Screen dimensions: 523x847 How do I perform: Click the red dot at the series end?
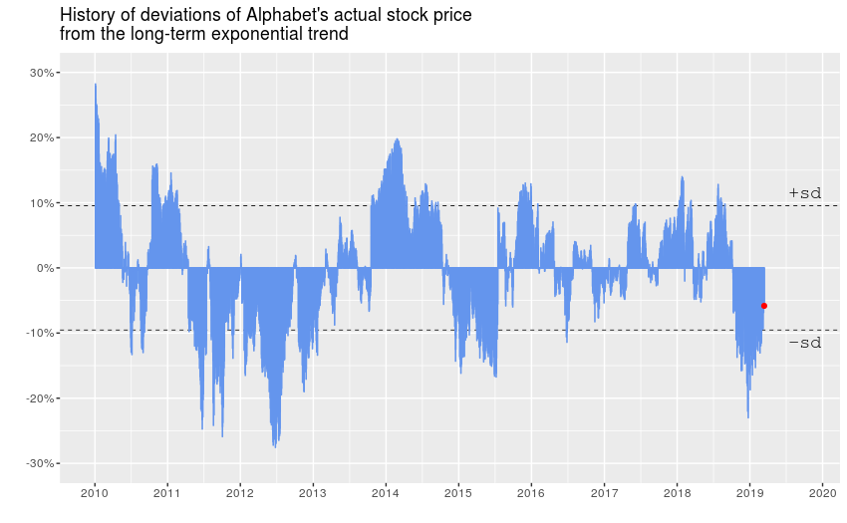click(x=764, y=306)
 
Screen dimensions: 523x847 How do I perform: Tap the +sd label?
click(x=804, y=193)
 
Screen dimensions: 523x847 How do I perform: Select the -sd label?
click(x=804, y=343)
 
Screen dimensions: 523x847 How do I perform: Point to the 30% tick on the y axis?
click(x=41, y=73)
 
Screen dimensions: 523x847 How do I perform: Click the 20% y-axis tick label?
click(x=41, y=137)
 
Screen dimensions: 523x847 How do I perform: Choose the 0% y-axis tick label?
click(x=44, y=268)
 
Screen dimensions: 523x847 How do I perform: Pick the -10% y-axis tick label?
click(x=39, y=333)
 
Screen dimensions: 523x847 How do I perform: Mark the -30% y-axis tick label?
click(x=39, y=463)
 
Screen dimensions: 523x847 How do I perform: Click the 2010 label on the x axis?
click(x=95, y=492)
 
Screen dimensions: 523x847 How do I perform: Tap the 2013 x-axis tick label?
click(x=313, y=492)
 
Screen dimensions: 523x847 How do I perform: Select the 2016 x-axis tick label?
click(x=531, y=492)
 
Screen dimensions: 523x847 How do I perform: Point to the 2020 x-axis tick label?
click(x=822, y=492)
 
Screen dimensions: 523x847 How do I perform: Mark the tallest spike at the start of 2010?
click(x=96, y=86)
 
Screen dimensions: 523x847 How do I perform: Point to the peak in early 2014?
click(x=397, y=140)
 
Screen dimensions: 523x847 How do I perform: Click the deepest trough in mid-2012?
click(x=275, y=445)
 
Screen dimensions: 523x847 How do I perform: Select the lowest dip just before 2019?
click(x=748, y=416)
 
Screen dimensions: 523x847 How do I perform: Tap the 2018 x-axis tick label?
click(x=677, y=492)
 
